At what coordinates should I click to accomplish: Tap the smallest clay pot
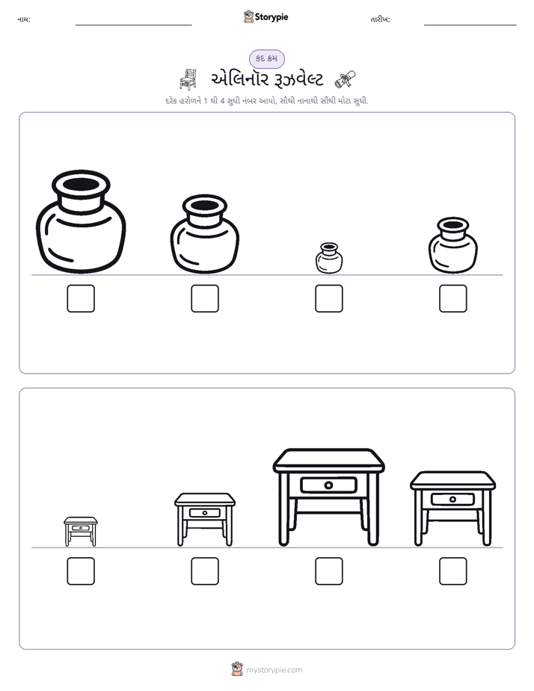tap(329, 258)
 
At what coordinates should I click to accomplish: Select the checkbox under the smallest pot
tap(329, 298)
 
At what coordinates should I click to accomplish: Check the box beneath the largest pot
tap(81, 298)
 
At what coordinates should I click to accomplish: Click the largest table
tap(328, 497)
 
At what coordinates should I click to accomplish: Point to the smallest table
tap(81, 532)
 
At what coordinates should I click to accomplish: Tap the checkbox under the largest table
tap(329, 571)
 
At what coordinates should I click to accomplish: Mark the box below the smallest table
tap(81, 571)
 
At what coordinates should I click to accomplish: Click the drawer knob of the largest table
tap(328, 485)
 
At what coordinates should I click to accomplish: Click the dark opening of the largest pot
tap(81, 184)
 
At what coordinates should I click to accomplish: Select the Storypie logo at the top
tap(266, 16)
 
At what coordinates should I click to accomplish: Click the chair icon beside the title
tap(188, 79)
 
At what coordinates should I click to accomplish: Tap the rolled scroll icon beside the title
tap(345, 79)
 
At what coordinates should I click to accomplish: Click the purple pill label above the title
tap(266, 58)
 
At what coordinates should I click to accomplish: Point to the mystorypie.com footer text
tap(274, 670)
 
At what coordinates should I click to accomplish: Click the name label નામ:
tap(24, 19)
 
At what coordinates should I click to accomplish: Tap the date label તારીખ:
tap(380, 19)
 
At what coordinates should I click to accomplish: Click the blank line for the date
tap(470, 25)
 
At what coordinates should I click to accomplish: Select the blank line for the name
tap(133, 25)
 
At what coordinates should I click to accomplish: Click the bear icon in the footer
tap(237, 669)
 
